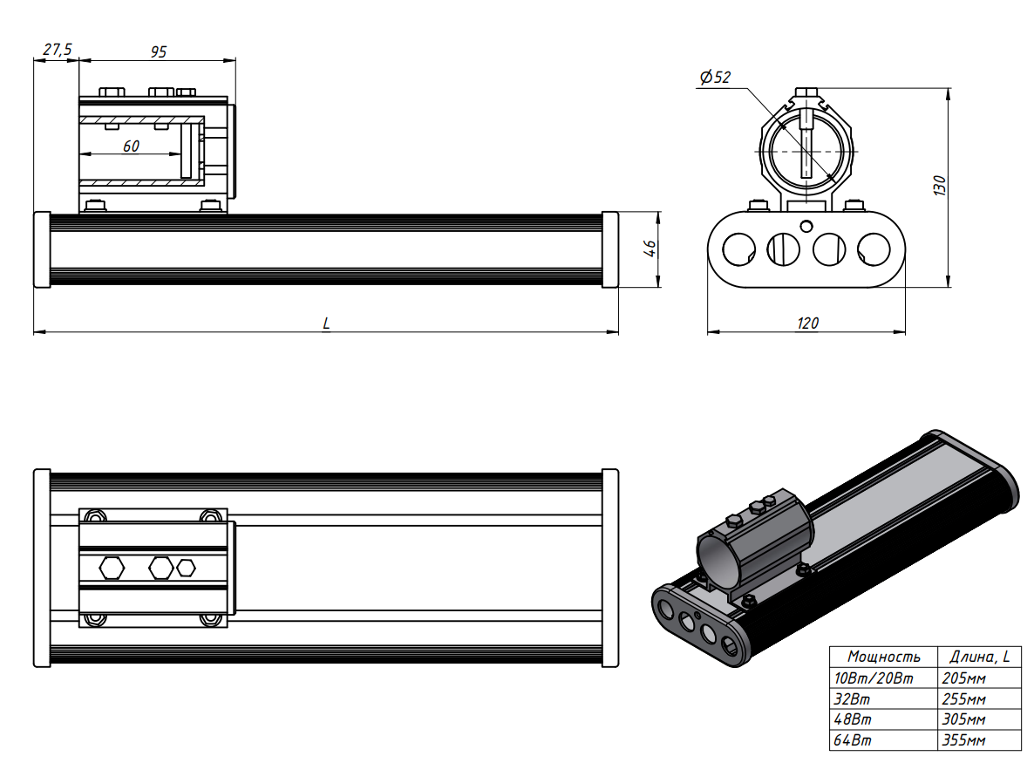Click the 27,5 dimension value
(57, 51)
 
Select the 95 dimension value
(158, 51)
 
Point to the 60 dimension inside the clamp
(131, 146)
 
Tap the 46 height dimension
(649, 249)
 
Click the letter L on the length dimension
(326, 323)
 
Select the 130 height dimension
(939, 185)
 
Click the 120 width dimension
(807, 324)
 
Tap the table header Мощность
(883, 657)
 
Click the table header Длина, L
(978, 657)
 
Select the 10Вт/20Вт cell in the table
(874, 678)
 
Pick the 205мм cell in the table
(964, 678)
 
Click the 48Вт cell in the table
(854, 720)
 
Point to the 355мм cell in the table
(964, 741)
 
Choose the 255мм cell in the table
(964, 699)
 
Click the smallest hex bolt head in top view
(186, 568)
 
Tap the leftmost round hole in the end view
(738, 249)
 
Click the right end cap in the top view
(609, 568)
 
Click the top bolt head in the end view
(808, 91)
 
